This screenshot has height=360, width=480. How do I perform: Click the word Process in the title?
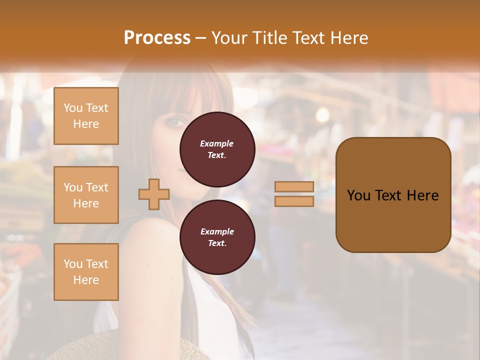[x=157, y=37]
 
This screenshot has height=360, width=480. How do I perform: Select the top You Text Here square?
[x=86, y=116]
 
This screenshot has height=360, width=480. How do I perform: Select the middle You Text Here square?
[x=86, y=195]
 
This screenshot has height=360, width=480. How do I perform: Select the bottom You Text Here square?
[x=86, y=272]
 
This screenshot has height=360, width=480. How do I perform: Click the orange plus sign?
[x=154, y=194]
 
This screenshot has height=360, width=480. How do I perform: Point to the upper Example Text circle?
[x=217, y=149]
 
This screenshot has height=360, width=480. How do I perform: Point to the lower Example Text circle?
[x=217, y=237]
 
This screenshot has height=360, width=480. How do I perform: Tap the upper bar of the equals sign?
[x=294, y=186]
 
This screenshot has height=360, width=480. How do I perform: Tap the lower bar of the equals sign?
[x=294, y=201]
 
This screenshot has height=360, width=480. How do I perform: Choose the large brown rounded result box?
[x=393, y=195]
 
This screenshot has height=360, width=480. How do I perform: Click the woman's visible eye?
[x=174, y=121]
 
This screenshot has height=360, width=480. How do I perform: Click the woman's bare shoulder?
[x=150, y=235]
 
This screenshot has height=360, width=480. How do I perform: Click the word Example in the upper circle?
[x=217, y=143]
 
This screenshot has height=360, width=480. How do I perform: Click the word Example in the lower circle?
[x=217, y=231]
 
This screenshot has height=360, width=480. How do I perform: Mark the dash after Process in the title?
[x=200, y=38]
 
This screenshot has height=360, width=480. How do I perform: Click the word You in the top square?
[x=73, y=108]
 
